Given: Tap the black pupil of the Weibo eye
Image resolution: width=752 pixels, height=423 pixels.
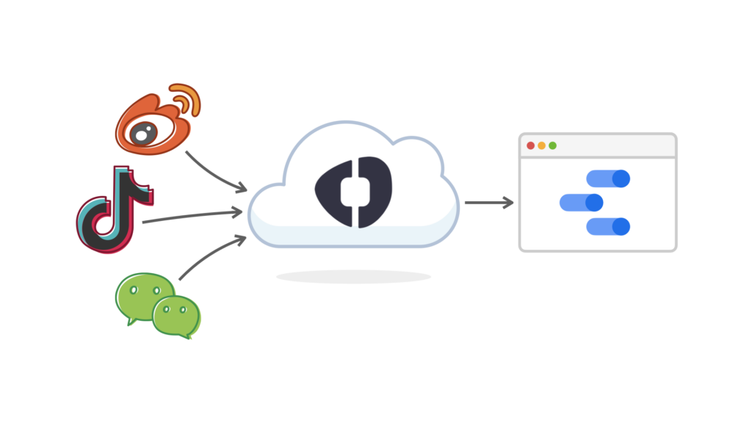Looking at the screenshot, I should (142, 133).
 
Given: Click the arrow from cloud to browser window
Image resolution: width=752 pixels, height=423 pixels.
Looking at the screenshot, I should (488, 203).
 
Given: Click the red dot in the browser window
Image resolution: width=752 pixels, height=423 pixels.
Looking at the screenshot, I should (530, 145).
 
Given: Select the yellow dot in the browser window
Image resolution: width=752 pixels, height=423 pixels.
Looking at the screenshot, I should (541, 145).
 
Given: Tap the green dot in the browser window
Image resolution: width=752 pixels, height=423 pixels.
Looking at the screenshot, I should (552, 145).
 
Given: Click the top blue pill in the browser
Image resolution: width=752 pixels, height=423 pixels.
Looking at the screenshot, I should (608, 178).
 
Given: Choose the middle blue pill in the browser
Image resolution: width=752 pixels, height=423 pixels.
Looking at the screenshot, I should (581, 203).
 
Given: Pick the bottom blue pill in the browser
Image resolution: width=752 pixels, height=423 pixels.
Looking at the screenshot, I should (608, 227).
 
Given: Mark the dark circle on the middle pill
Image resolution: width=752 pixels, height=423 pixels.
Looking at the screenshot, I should (593, 203).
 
